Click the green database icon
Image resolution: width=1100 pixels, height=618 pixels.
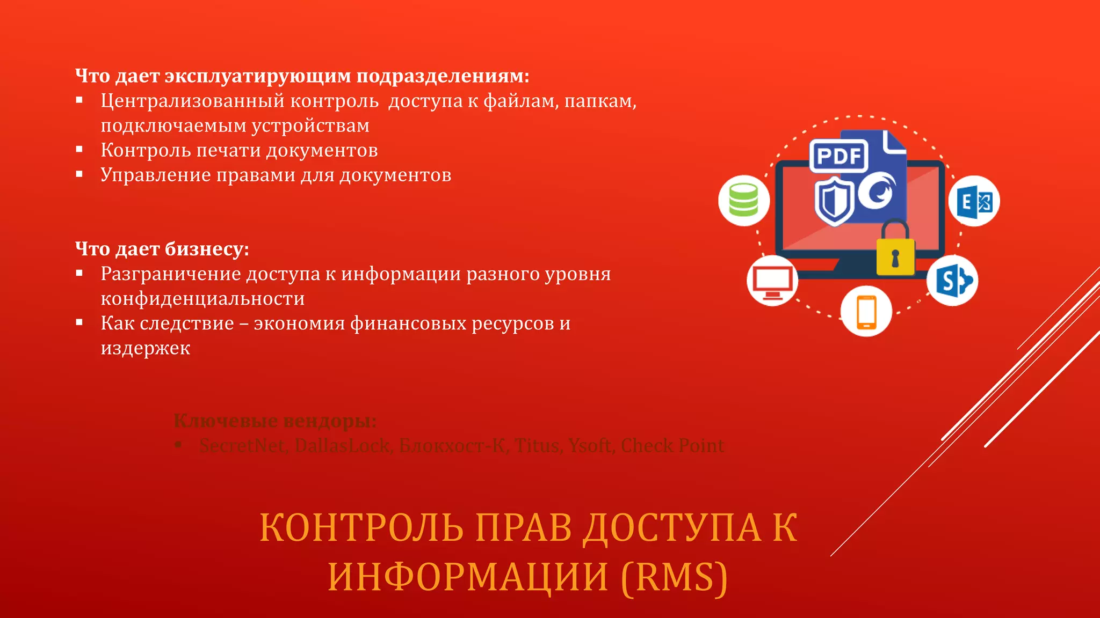(744, 200)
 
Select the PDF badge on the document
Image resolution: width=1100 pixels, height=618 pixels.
(838, 156)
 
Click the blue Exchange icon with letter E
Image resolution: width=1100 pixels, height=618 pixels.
(974, 201)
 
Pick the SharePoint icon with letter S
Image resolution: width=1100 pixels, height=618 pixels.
(952, 281)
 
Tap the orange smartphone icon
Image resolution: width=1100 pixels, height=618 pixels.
(866, 312)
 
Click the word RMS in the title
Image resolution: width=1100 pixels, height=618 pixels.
(675, 577)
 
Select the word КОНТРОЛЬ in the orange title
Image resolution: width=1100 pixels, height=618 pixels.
(361, 528)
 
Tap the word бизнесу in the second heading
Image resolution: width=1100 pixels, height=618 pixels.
(206, 249)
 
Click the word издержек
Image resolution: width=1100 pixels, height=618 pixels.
(145, 348)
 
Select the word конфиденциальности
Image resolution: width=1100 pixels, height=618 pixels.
(202, 298)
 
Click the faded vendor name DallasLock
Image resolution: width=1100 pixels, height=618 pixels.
(342, 445)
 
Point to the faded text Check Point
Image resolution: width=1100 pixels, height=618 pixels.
(672, 445)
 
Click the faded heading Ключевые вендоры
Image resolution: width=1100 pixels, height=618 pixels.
(274, 421)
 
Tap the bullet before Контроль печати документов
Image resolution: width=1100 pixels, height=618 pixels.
(79, 149)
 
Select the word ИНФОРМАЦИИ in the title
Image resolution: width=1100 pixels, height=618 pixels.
(468, 577)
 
